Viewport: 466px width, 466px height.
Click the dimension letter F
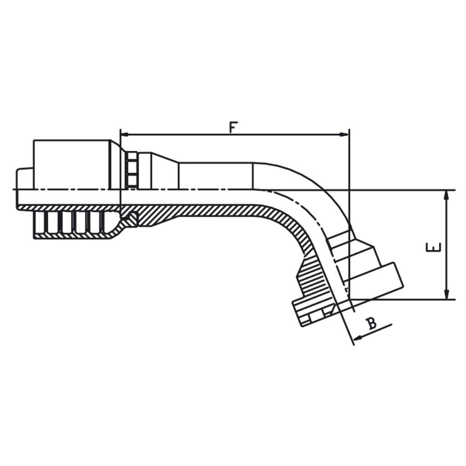[233, 127]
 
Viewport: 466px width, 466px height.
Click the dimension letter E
[434, 248]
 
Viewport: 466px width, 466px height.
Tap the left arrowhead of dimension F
[124, 135]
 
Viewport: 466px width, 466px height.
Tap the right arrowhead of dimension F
[345, 135]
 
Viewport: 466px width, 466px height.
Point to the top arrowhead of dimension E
[446, 195]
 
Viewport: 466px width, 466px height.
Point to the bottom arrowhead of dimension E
[446, 294]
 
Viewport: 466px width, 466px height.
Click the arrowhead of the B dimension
[357, 338]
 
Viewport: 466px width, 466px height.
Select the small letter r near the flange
[346, 288]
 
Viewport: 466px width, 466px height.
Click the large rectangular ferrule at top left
[72, 164]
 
